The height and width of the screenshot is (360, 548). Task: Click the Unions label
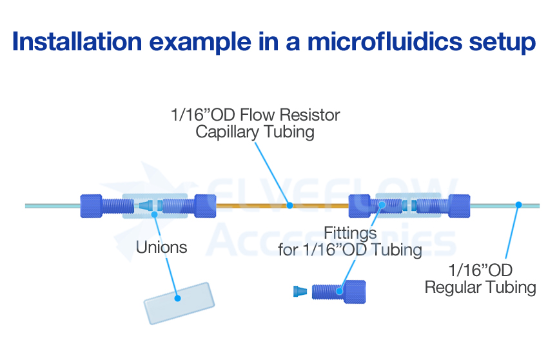162,247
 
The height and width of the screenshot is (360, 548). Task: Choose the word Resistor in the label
306,115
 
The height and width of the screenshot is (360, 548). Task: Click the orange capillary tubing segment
258,206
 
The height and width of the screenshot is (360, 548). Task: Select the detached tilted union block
177,303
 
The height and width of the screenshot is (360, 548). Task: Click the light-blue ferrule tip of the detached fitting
300,291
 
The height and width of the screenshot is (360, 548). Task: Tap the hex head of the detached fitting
355,291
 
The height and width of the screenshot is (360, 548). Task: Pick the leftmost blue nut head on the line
92,206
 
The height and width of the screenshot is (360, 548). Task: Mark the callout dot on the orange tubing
290,206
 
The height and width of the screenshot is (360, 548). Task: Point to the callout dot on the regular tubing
518,206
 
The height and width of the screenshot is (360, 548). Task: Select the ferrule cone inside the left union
146,206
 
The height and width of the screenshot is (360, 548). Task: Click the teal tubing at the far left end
45,206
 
